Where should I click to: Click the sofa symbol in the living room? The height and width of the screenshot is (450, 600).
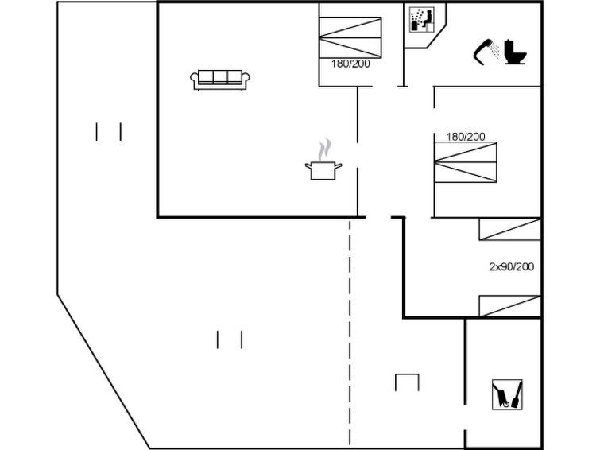pos(220,80)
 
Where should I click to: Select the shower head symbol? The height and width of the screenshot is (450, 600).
pos(486,52)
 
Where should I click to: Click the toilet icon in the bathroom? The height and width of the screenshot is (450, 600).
pos(515,52)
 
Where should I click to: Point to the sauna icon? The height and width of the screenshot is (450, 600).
pos(421,20)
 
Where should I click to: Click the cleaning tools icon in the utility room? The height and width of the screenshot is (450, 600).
pos(507,395)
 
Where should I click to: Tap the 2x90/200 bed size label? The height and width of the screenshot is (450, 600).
pos(512,266)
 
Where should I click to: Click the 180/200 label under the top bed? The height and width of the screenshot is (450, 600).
pos(350,64)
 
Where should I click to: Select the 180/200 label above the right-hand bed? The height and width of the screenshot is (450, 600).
pos(466,137)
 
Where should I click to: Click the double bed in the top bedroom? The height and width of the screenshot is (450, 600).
pos(350,38)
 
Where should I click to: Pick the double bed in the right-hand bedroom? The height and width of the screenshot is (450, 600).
pos(466,162)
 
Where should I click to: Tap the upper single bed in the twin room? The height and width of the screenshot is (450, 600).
pos(509,230)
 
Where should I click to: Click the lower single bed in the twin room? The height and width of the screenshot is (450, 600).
pos(509,306)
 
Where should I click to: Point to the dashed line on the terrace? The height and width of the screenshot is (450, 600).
pos(350,332)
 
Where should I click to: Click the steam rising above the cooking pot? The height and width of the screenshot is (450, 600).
pos(324,149)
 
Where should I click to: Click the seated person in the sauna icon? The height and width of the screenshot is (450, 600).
pos(428,19)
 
